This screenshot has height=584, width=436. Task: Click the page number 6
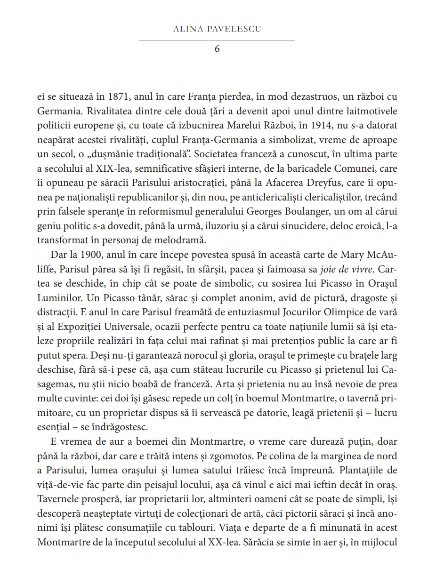[217, 48]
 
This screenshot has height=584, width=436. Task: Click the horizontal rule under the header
[217, 41]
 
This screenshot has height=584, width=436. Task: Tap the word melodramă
[181, 240]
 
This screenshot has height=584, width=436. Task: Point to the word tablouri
[231, 527]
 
